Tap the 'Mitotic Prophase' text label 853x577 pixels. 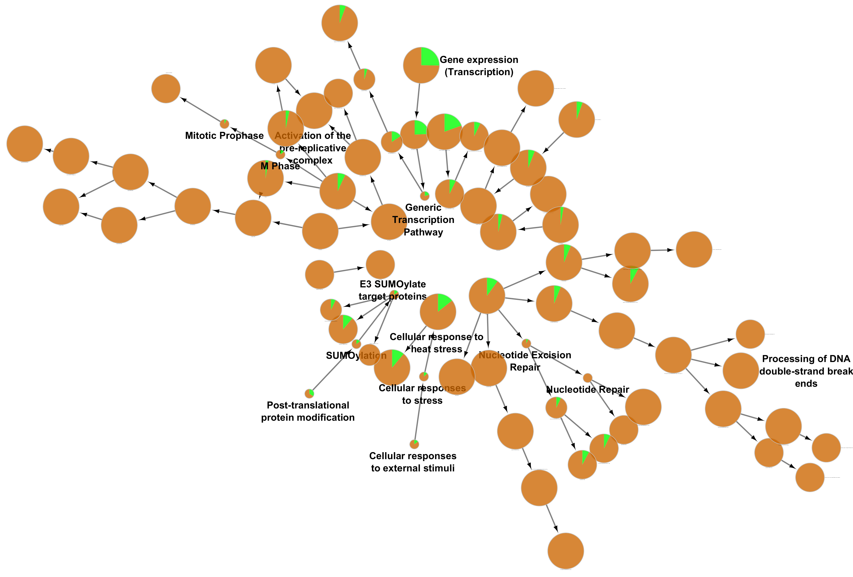tap(224, 136)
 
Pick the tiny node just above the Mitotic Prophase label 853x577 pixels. tap(224, 124)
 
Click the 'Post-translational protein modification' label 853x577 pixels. tap(307, 411)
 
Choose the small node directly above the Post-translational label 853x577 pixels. tap(309, 393)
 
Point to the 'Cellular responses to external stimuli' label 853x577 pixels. tap(413, 462)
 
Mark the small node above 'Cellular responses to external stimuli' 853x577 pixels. tap(414, 444)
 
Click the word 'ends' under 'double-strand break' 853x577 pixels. tap(806, 384)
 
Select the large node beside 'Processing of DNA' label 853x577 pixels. tap(740, 371)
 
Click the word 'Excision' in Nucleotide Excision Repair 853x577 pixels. tap(551, 355)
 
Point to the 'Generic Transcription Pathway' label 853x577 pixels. tap(423, 220)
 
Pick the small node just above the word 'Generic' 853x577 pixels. tap(425, 195)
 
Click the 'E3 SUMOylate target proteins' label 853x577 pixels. tap(392, 290)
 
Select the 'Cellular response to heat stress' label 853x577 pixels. tap(436, 343)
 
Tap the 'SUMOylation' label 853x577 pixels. tap(356, 356)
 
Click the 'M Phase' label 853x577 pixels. tap(280, 166)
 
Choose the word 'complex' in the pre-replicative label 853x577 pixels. tap(313, 160)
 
